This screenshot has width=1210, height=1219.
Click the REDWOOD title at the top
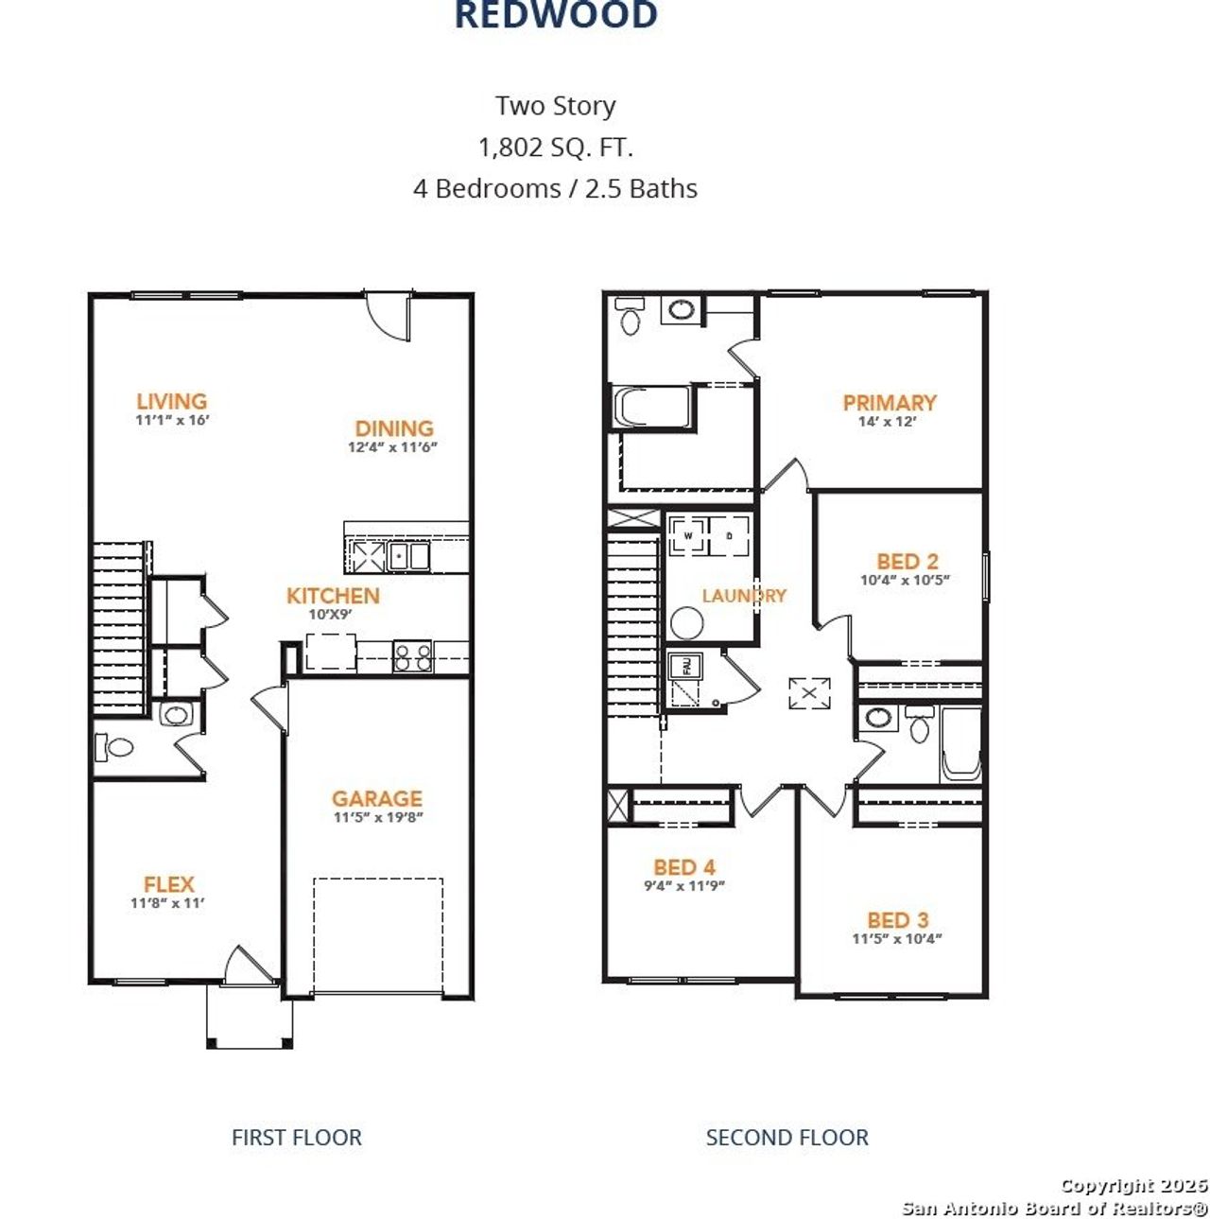(x=556, y=15)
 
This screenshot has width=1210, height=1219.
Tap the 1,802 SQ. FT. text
(x=556, y=148)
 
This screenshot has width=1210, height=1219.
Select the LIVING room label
(x=171, y=402)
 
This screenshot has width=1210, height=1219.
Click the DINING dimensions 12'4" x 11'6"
(x=392, y=447)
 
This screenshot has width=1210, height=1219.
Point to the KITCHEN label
(x=333, y=596)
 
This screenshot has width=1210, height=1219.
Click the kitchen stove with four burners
(x=412, y=655)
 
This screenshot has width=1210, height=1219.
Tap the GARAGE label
(x=376, y=799)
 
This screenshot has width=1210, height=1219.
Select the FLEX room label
(x=168, y=884)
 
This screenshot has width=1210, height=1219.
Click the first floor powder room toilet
(x=115, y=747)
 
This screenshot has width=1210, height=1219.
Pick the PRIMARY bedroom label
(x=889, y=403)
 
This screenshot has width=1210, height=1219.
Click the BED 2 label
(x=907, y=562)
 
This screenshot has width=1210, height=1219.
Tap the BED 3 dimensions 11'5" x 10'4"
(x=896, y=939)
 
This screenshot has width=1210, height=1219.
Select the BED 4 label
(x=683, y=867)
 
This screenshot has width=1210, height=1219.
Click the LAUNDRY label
(x=743, y=596)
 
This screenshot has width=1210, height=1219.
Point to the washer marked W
(x=688, y=536)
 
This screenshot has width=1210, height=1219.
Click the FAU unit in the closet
(x=686, y=667)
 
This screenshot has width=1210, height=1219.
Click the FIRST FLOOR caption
(x=296, y=1137)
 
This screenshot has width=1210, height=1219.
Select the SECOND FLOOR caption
(x=786, y=1137)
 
